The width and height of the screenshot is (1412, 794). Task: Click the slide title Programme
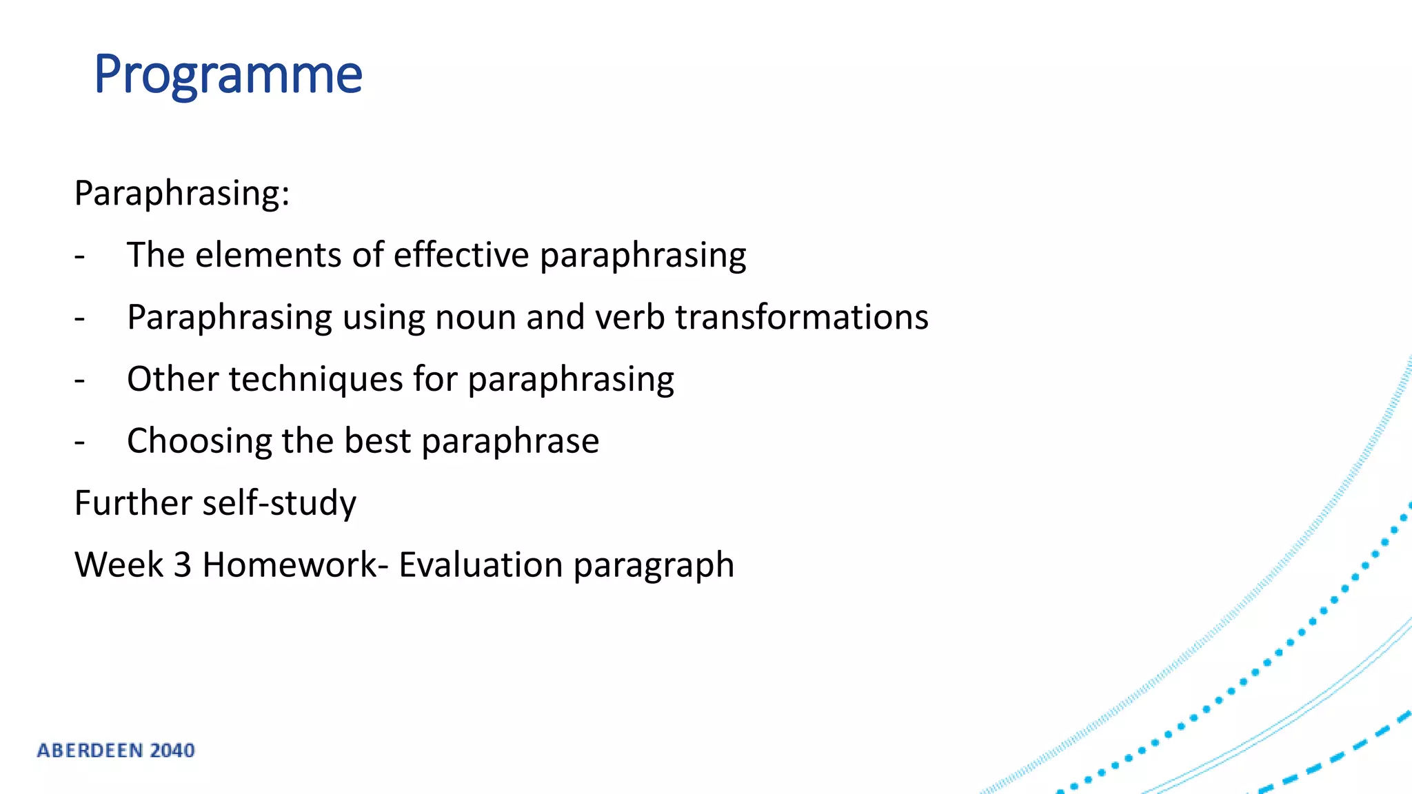228,74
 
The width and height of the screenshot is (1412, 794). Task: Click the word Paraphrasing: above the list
182,193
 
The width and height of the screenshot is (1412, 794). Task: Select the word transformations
802,317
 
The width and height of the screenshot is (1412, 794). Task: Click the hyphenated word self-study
279,504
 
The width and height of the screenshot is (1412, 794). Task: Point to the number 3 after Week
182,565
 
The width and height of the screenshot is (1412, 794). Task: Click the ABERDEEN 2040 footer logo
116,751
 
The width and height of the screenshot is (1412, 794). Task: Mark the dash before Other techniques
80,380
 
